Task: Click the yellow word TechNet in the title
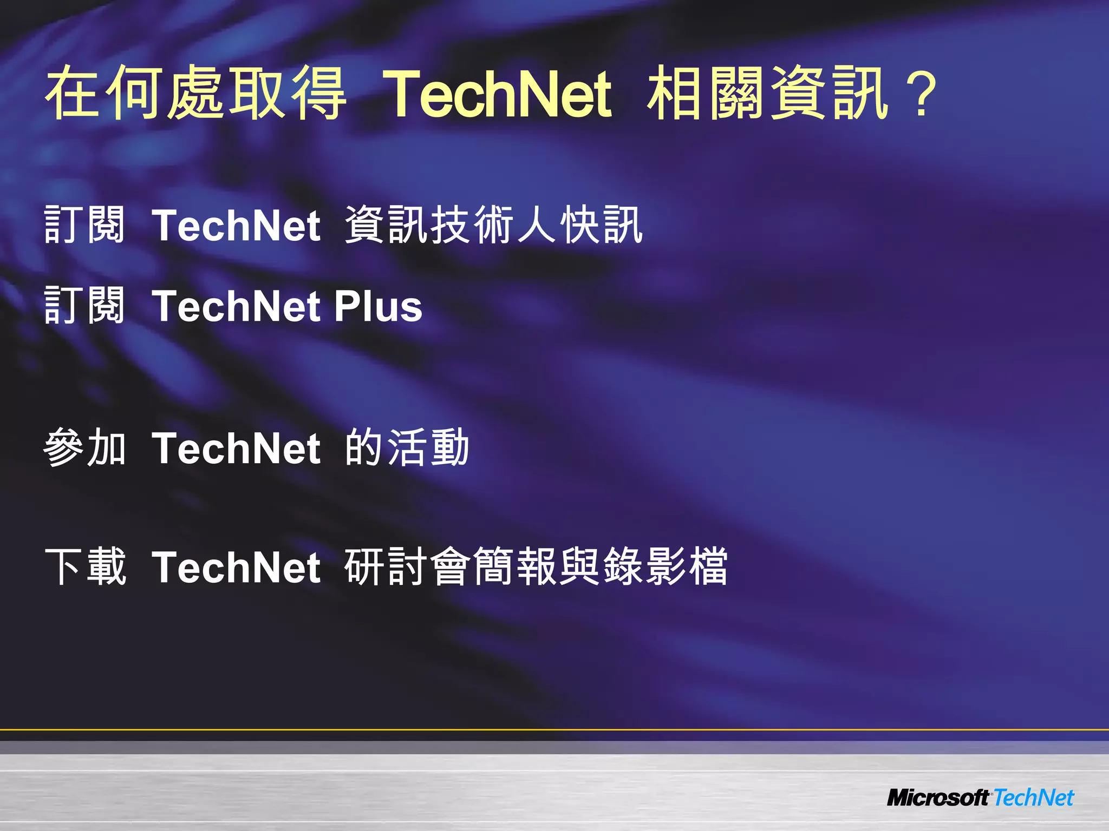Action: click(x=497, y=93)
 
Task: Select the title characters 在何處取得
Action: click(x=195, y=93)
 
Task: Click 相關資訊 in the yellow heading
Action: click(x=768, y=93)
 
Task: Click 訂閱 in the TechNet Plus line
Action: click(x=84, y=306)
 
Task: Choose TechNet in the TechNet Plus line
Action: click(x=236, y=306)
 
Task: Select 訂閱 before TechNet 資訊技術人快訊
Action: click(x=84, y=225)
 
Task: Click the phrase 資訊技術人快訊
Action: click(x=493, y=225)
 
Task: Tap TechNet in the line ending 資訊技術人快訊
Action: click(x=236, y=225)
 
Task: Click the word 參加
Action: click(x=84, y=448)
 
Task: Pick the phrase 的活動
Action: click(x=407, y=448)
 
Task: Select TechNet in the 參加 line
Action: click(x=236, y=449)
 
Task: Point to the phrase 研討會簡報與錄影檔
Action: click(x=536, y=566)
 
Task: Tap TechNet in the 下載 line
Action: click(x=236, y=567)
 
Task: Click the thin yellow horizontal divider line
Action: click(x=554, y=730)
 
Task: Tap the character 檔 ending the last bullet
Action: click(x=708, y=566)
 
